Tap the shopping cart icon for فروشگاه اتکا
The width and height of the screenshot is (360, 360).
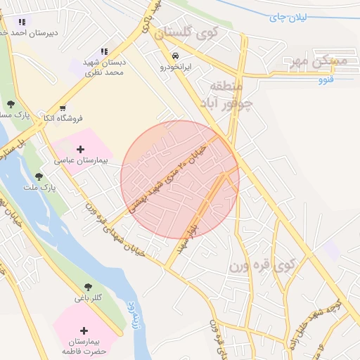coord(63,108)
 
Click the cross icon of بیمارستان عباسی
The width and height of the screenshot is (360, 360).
coord(80,149)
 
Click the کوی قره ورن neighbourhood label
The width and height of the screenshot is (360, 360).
coord(259,266)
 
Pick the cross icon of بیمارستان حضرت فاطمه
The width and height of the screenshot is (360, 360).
coord(84,330)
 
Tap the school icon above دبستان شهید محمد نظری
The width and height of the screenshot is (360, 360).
coord(104,51)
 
